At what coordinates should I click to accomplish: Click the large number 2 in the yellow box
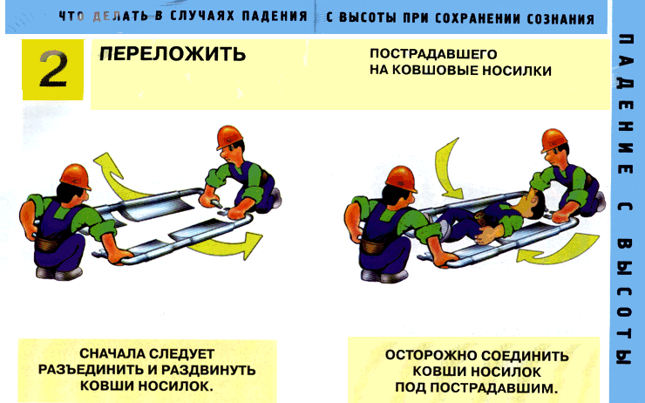[53, 69]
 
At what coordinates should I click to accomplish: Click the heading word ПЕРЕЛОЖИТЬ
[173, 53]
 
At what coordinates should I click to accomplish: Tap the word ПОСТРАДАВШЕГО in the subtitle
[433, 54]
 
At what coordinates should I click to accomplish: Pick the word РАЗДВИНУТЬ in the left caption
[208, 370]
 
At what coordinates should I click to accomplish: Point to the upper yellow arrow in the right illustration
[447, 169]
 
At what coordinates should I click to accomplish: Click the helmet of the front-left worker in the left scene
[76, 176]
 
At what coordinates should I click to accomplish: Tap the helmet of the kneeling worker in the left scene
[229, 137]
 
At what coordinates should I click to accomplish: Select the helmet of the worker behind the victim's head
[554, 140]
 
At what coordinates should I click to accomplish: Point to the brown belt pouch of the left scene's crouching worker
[48, 243]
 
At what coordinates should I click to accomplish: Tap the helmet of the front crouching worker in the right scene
[402, 178]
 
